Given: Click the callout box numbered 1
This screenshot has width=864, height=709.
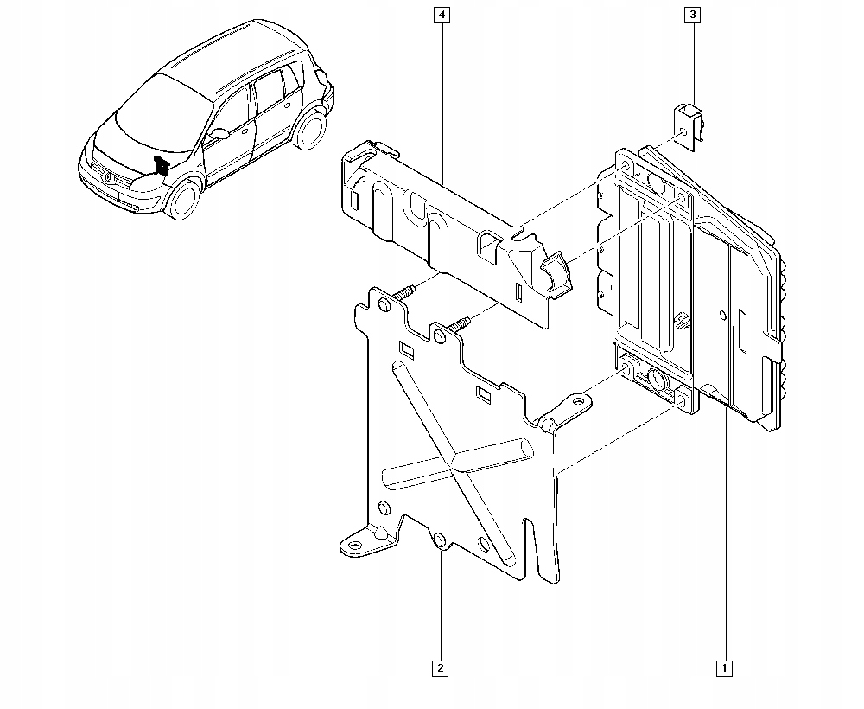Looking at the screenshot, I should [724, 667].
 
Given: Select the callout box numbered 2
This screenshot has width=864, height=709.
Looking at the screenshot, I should [441, 667].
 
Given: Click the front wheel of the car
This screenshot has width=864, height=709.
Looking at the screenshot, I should [183, 198].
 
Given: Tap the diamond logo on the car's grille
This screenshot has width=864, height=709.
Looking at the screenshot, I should [108, 177].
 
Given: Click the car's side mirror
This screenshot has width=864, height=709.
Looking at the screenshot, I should [219, 135].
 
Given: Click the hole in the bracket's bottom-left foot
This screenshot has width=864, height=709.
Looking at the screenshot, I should [354, 544].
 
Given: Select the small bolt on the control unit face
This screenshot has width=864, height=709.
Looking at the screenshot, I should [683, 321].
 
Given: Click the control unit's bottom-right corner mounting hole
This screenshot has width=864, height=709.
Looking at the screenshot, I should [683, 403].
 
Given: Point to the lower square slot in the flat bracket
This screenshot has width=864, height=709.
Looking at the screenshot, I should [482, 398].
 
